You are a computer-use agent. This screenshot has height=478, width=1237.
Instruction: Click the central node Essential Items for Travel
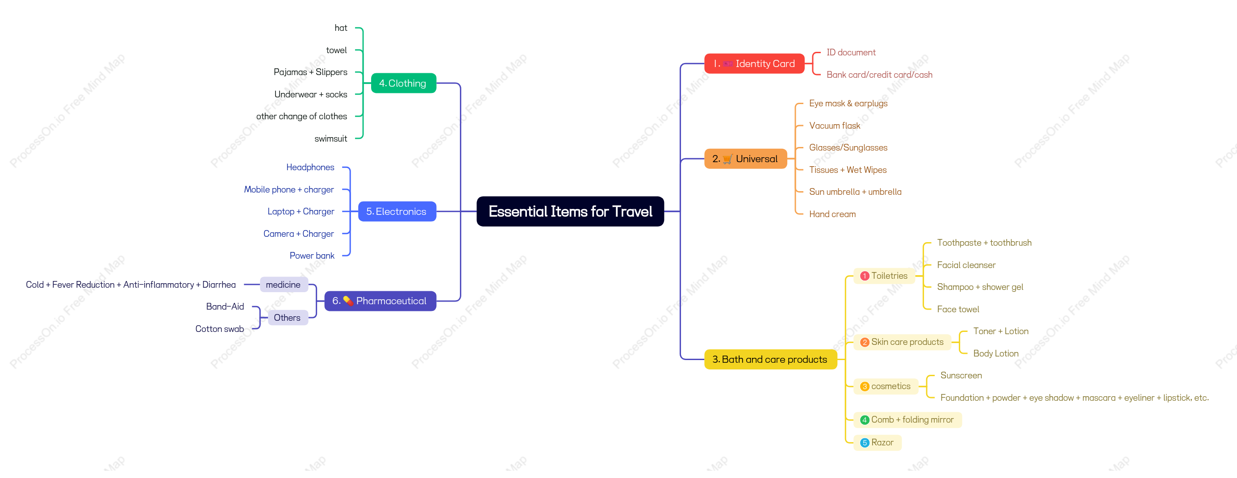tap(570, 211)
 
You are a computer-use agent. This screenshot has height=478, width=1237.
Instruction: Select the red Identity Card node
tap(754, 63)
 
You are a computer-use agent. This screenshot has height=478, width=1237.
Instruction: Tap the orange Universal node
tap(745, 159)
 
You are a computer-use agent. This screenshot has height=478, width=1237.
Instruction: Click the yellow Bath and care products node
tap(770, 359)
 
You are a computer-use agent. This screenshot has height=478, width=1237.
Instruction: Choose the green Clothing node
tap(403, 83)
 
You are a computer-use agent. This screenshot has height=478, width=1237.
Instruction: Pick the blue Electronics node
tap(397, 211)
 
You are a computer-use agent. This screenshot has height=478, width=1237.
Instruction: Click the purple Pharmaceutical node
tap(380, 301)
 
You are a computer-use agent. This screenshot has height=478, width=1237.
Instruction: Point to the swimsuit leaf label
tap(330, 139)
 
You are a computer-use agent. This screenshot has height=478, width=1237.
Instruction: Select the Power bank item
tap(312, 256)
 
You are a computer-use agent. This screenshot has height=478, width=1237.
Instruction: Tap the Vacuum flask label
tap(835, 126)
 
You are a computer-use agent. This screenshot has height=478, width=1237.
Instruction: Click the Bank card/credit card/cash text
tap(879, 75)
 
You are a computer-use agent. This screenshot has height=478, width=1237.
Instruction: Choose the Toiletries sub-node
tap(885, 276)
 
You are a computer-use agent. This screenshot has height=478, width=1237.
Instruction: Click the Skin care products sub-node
tap(903, 342)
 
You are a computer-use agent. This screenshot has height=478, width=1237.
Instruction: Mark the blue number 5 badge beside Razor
tap(865, 442)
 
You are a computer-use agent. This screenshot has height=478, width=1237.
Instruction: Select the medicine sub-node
tap(283, 285)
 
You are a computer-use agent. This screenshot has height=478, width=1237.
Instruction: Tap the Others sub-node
tap(287, 318)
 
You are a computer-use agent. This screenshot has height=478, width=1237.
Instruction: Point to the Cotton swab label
tap(219, 329)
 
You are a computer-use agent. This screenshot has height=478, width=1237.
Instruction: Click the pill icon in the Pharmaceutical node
tap(348, 301)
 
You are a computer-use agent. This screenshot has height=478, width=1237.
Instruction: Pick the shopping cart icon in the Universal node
tap(727, 159)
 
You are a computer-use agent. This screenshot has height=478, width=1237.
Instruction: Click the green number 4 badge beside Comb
tap(865, 420)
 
